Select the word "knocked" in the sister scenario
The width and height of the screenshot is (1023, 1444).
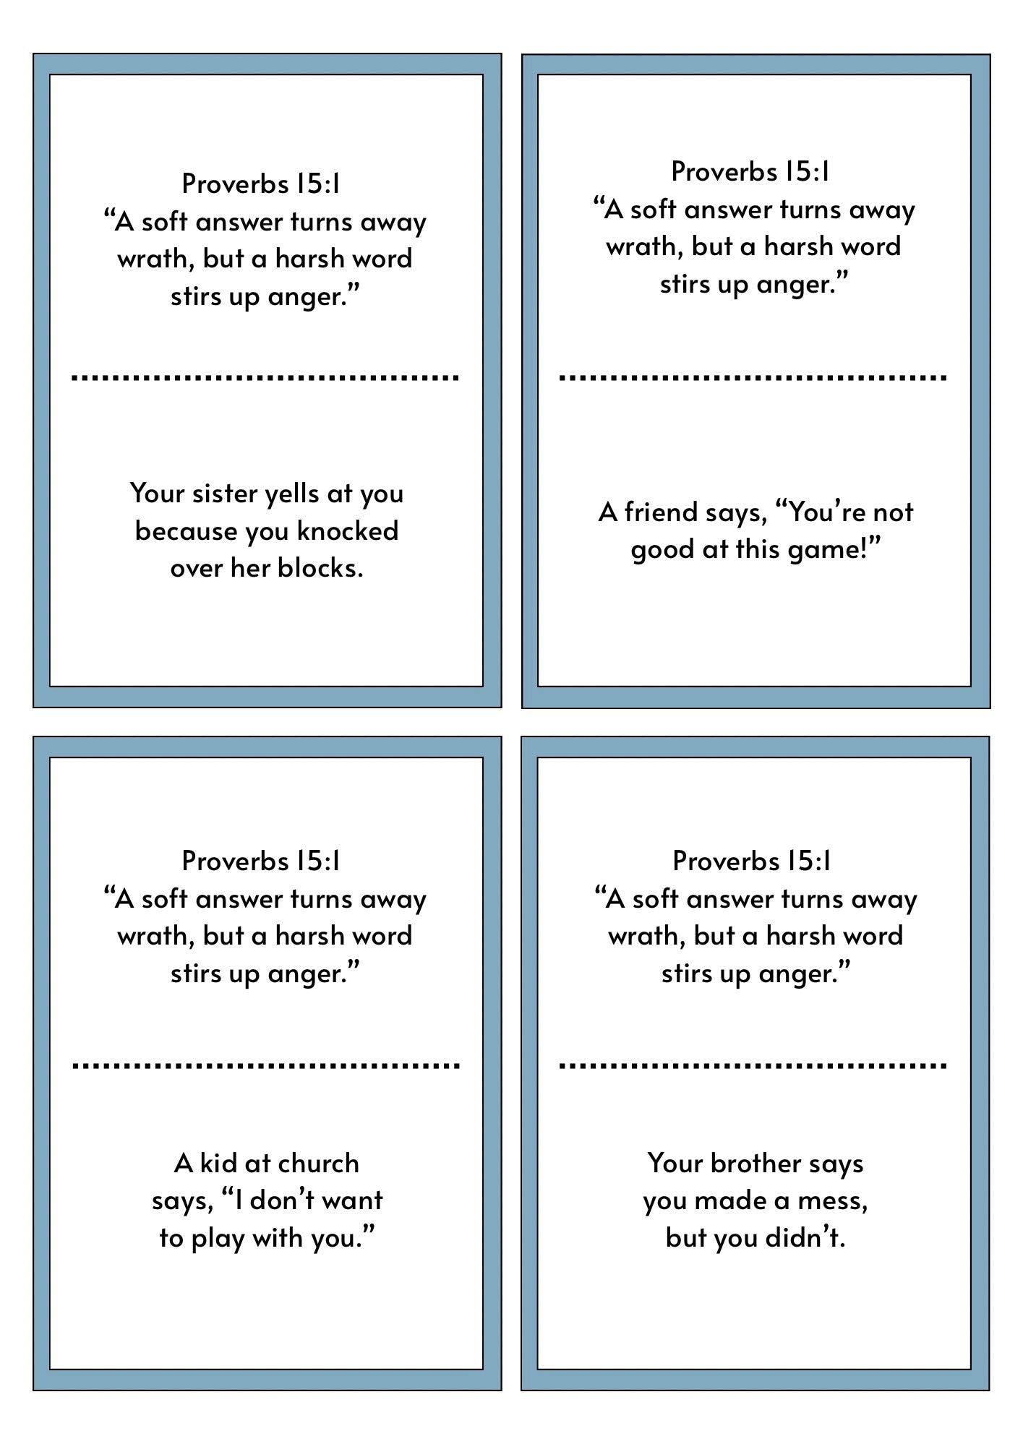[x=348, y=532]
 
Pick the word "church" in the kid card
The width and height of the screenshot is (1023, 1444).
[x=318, y=1164]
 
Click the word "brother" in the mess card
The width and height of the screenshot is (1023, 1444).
[x=756, y=1164]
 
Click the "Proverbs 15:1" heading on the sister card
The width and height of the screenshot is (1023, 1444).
[x=261, y=184]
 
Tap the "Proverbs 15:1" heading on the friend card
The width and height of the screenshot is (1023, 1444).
[x=750, y=171]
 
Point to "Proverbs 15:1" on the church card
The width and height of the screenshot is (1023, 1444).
[x=261, y=861]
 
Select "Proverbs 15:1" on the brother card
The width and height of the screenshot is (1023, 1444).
[x=752, y=861]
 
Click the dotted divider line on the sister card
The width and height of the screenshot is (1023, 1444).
[x=265, y=377]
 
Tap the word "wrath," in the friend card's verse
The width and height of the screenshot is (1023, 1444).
[x=644, y=247]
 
